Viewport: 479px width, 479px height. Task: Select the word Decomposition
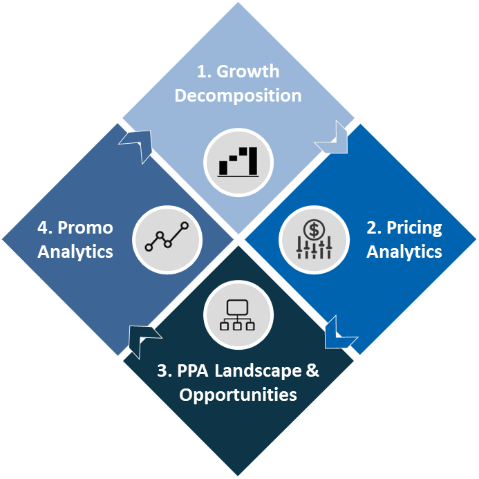tap(238, 95)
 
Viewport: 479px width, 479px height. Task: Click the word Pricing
tap(413, 228)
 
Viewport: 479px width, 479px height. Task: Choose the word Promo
tap(86, 228)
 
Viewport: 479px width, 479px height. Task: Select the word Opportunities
tap(238, 395)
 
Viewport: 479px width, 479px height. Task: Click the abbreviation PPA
tap(193, 371)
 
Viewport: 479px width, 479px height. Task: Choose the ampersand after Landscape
tap(312, 371)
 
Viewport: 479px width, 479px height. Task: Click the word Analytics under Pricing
tap(404, 252)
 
